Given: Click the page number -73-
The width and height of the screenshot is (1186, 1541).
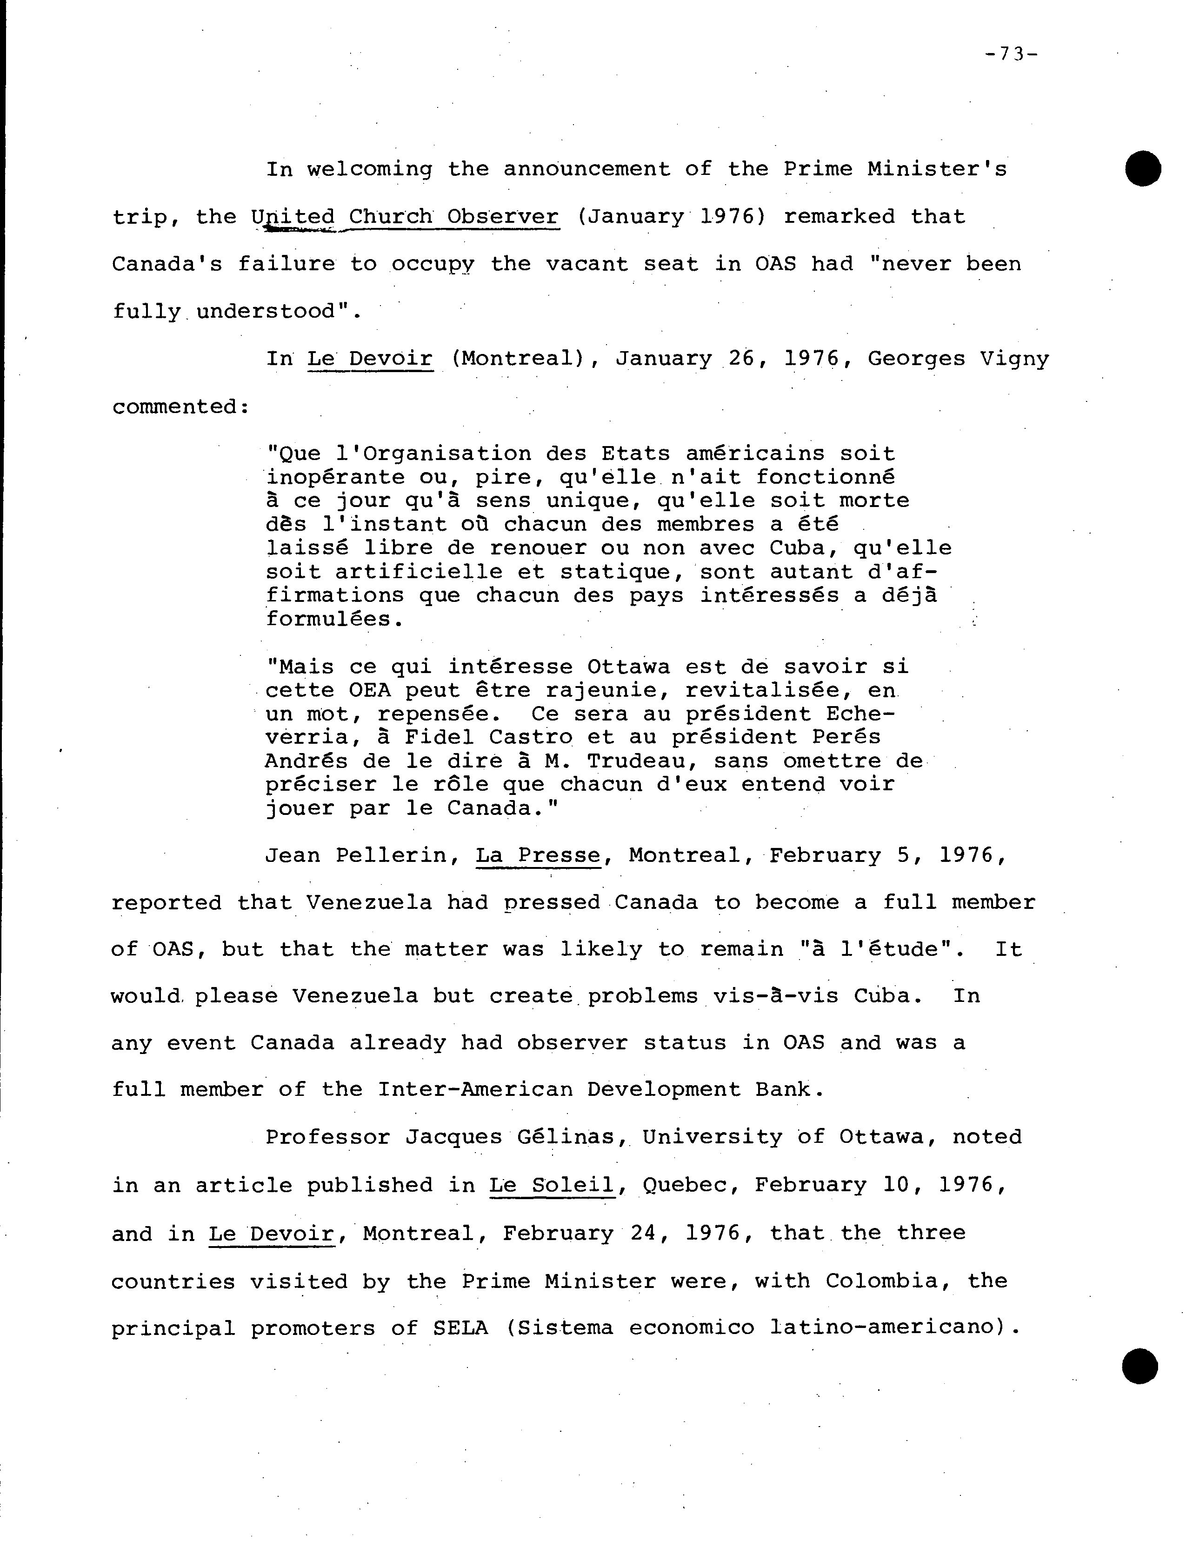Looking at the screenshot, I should coord(1011,54).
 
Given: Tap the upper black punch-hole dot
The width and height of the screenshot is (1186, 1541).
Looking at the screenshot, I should coord(1143,169).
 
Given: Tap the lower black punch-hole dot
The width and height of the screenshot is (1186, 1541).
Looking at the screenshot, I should coord(1140,1366).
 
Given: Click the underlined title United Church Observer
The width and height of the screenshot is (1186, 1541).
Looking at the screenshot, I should coord(405,217).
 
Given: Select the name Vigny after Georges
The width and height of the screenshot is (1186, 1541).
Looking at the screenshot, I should coord(1014,359).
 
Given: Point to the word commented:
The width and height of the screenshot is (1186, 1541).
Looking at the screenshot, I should coord(180,407).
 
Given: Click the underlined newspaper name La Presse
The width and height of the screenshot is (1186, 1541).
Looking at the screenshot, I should coord(538,855).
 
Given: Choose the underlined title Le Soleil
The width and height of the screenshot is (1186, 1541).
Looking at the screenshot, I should coord(552,1185).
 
